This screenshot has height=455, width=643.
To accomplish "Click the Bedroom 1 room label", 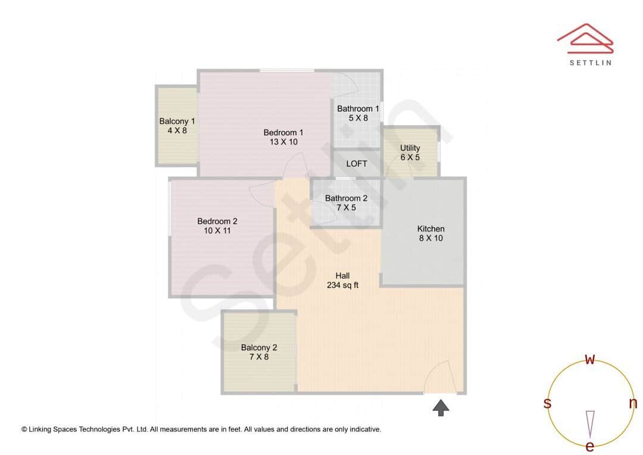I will point(283,132).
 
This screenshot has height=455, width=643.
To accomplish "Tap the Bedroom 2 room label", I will point(217,221).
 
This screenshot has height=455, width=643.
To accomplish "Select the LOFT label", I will point(357,163).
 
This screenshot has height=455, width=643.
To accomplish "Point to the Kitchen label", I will point(430,229).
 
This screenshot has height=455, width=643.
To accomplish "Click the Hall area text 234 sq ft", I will point(342,285).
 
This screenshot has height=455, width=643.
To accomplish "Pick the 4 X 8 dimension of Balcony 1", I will point(177,130).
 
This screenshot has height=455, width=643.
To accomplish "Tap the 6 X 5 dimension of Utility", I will point(410,157).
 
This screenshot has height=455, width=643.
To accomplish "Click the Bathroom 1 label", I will point(358,108).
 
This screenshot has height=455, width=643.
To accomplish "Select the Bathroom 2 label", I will point(346,198).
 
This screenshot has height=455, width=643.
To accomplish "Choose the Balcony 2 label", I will point(259,348).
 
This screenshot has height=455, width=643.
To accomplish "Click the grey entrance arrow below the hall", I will point(441,408).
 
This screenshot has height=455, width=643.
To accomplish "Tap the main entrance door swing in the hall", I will point(441,376).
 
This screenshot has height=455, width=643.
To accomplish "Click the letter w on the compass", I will point(590,360).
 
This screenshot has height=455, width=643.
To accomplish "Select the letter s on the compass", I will point(547,403).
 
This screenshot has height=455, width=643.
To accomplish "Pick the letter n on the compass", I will point(633,403).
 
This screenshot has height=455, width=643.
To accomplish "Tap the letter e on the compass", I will point(590,446).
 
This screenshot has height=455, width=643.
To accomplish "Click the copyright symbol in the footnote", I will point(24,429).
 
